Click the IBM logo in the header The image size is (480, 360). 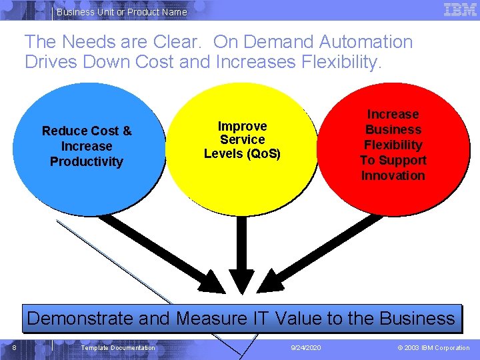click(460, 9)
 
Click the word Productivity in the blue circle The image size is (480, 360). click(87, 161)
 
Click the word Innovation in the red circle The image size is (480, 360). click(393, 175)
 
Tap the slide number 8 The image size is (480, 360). click(14, 347)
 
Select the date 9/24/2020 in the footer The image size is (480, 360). click(307, 348)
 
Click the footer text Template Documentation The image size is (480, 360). click(118, 348)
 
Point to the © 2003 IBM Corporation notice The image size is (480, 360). click(433, 348)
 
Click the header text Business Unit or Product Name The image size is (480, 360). click(122, 12)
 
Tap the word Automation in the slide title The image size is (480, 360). click(365, 42)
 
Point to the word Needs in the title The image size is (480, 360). click(83, 42)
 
